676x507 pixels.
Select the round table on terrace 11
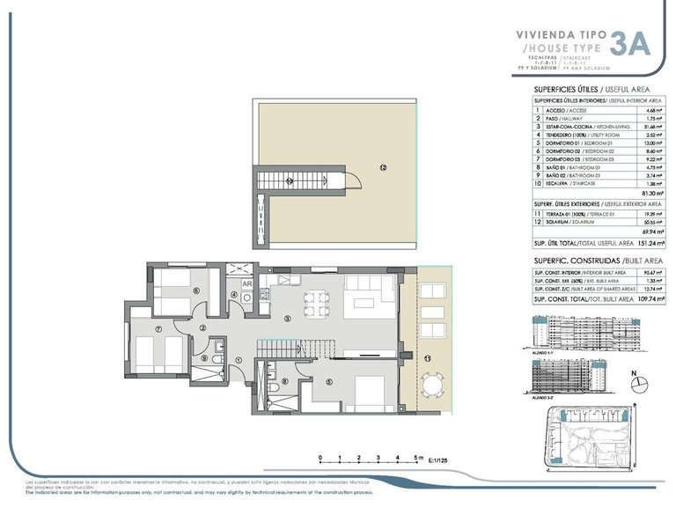tap(430, 385)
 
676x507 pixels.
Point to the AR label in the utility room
tap(247, 284)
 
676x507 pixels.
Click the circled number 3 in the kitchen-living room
tap(287, 318)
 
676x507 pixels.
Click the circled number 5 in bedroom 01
tap(328, 381)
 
